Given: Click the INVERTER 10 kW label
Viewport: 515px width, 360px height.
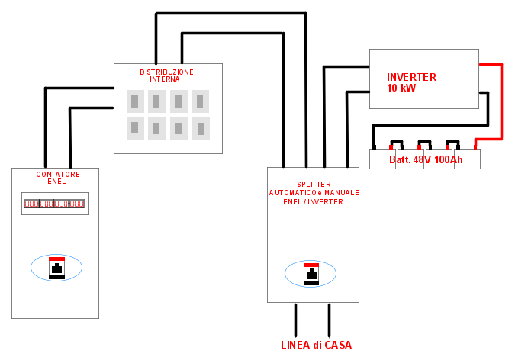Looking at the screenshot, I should [411, 82].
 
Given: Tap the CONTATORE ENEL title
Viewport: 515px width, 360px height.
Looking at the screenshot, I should [57, 178].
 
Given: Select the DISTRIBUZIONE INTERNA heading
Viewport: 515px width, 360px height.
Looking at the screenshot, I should [166, 76].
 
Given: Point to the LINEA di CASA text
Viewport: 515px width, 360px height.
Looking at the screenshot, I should [317, 345].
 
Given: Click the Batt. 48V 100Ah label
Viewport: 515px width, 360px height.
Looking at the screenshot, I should [426, 159].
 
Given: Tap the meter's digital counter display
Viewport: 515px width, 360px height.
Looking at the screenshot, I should [54, 204].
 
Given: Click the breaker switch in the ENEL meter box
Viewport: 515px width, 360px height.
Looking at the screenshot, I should [56, 268].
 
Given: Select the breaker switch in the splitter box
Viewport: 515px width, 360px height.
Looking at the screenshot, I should [311, 274].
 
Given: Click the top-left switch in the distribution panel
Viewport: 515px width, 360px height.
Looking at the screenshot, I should [135, 101].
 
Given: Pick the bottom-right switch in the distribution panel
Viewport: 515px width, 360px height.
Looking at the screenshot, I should [201, 128].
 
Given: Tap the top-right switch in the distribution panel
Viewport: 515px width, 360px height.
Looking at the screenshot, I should [201, 101].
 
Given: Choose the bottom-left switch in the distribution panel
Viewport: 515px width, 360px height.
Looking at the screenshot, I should [135, 127].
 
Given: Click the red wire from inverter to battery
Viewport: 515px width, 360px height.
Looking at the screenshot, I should [501, 99].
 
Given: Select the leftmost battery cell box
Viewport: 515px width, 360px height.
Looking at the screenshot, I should [382, 159].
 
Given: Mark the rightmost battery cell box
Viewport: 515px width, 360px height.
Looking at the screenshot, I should [468, 159].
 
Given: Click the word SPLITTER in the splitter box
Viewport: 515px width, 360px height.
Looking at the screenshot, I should [314, 184].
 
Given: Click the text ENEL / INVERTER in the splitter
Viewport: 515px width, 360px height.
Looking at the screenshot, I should [314, 202].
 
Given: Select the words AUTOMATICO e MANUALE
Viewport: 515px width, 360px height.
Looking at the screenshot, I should [314, 193].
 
